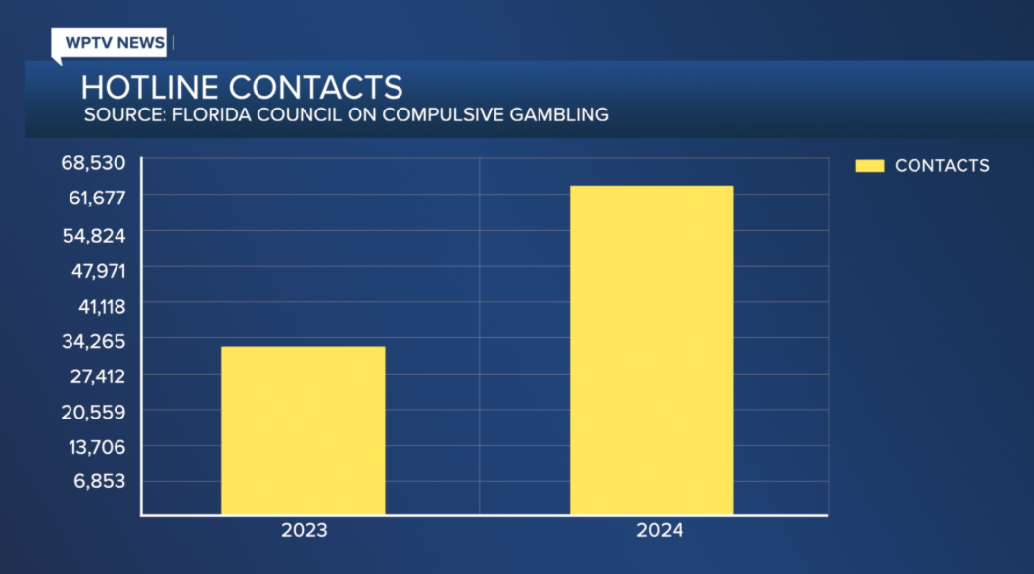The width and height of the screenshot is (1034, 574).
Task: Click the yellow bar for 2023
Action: pos(303,430)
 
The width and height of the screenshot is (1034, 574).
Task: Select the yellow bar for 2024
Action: pos(651,350)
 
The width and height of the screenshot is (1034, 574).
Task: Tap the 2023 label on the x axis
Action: pos(304,532)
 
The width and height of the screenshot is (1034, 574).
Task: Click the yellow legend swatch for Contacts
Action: pos(869,166)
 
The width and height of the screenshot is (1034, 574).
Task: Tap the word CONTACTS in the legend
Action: pos(942,166)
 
